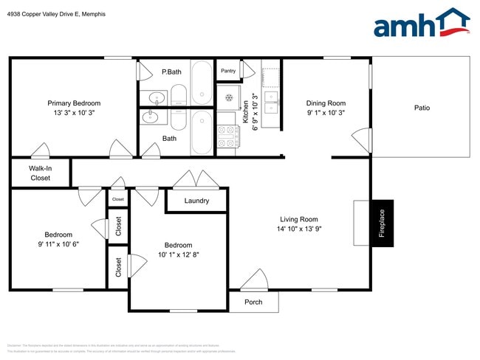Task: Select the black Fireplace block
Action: (x=382, y=223)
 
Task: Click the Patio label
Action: (x=422, y=108)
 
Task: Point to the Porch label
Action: (x=253, y=302)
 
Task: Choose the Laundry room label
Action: (x=196, y=201)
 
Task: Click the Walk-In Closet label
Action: (x=40, y=173)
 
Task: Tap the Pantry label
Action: (x=228, y=71)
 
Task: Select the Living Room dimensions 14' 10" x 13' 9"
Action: (x=298, y=229)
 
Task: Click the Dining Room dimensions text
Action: (x=326, y=113)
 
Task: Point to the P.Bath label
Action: (x=171, y=72)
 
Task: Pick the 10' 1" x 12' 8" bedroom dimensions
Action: (x=178, y=255)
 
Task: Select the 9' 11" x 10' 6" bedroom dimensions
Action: (x=58, y=243)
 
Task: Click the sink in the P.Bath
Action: (x=157, y=97)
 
